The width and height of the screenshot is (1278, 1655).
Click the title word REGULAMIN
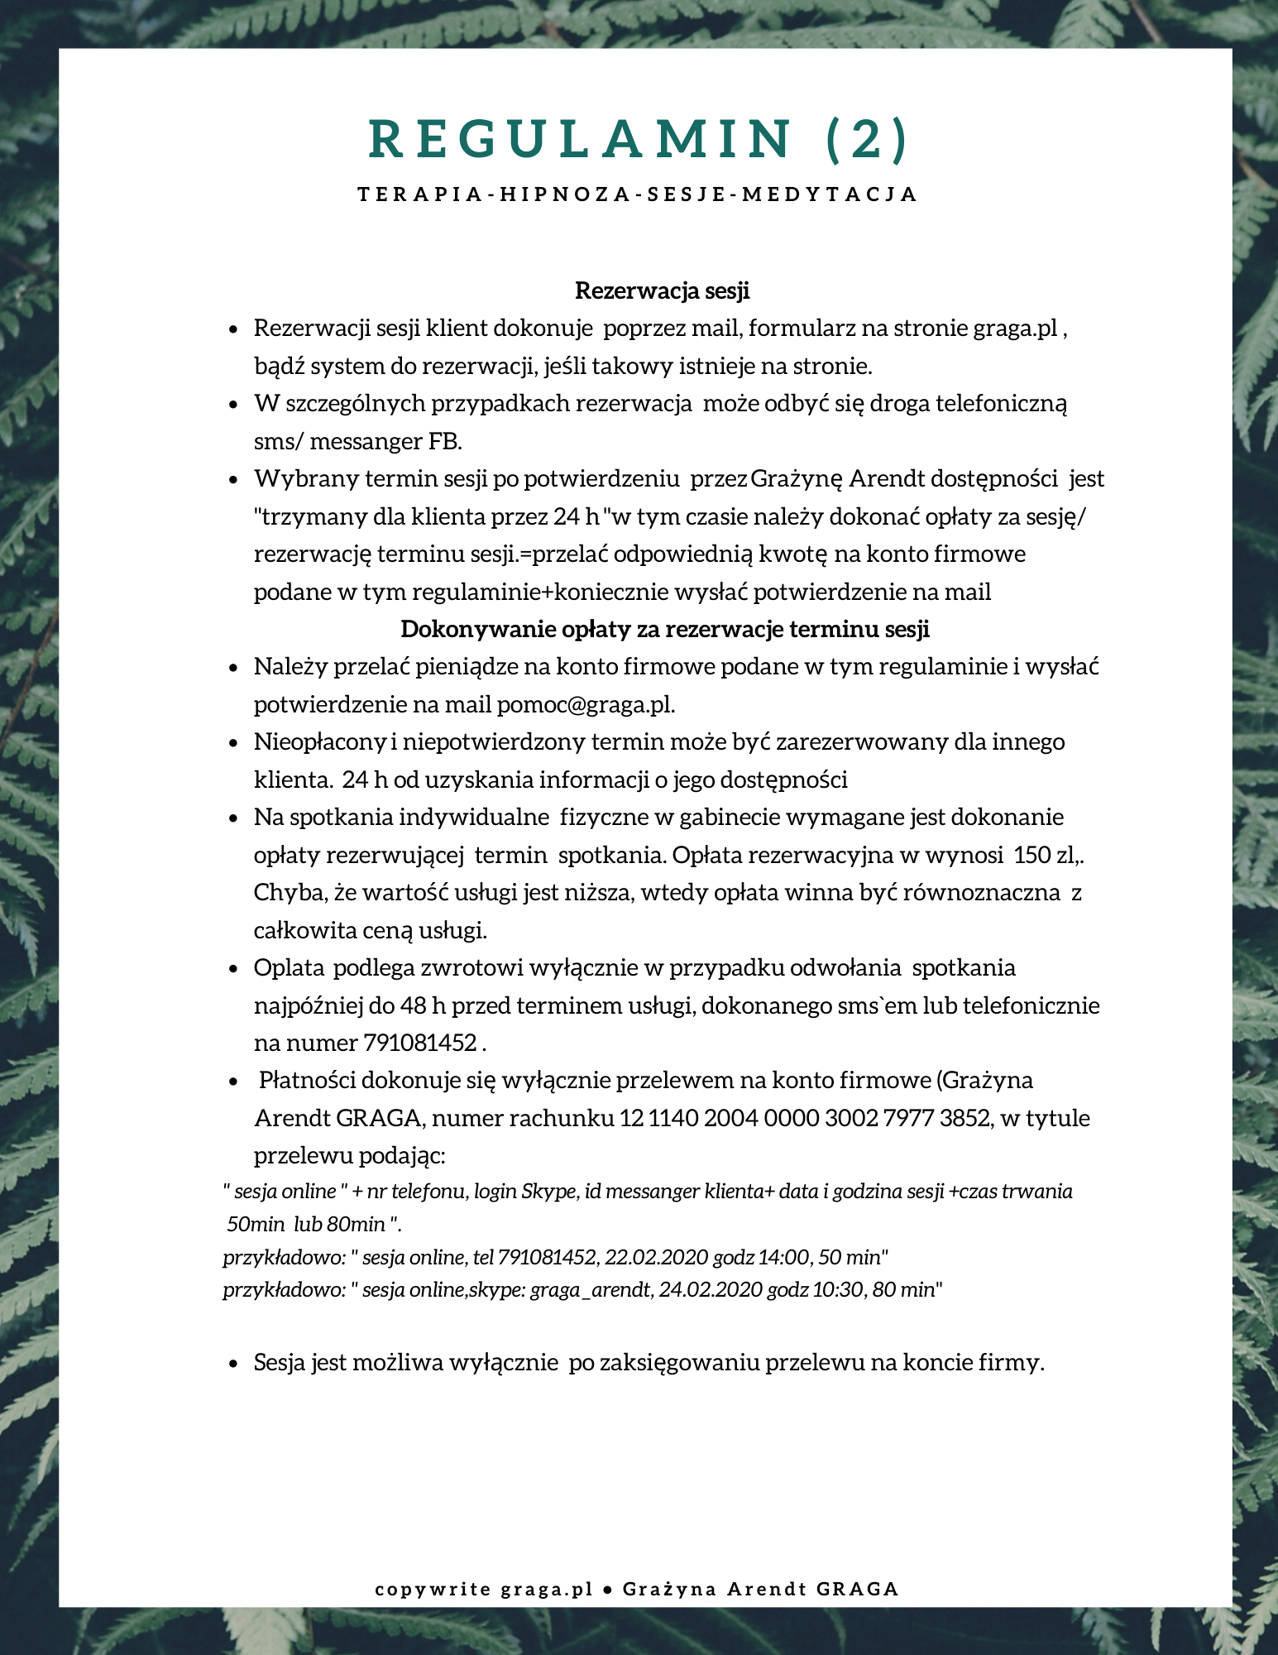pos(580,138)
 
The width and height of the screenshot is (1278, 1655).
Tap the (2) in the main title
pos(867,138)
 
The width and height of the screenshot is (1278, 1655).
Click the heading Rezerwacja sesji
pos(662,291)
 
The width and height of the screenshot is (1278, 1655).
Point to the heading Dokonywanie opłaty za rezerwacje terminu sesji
pos(665,630)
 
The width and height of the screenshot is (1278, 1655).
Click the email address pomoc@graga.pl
pos(585,705)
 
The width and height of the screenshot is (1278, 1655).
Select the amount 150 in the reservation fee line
pos(1031,855)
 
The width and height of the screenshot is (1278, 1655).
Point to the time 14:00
pos(783,1258)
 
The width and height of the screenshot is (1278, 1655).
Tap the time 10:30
pos(836,1290)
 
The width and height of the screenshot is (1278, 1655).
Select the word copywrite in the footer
pos(433,1590)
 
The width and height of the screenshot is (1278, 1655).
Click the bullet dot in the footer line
pos(608,1590)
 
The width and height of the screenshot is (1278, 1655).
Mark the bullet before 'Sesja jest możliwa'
pos(234,1364)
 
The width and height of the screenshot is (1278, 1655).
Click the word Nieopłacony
pos(320,742)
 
